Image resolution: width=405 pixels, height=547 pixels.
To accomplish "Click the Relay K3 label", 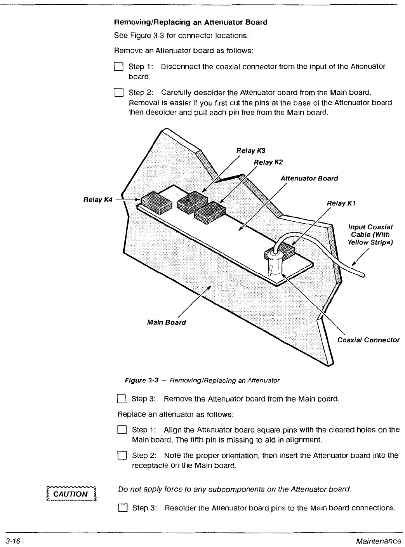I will [x=251, y=150].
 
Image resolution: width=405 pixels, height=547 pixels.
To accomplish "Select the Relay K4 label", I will [x=98, y=200].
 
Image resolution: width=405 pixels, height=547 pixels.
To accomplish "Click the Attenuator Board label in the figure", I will [x=309, y=178].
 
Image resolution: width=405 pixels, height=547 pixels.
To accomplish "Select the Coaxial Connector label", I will [x=368, y=340].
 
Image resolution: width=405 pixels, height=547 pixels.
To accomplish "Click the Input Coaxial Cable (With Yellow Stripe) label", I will [x=370, y=234].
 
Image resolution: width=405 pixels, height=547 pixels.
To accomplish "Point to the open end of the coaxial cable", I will [x=363, y=275].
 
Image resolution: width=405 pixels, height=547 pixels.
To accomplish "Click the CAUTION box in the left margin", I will [x=71, y=494].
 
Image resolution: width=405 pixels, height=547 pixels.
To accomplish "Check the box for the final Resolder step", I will [x=122, y=508].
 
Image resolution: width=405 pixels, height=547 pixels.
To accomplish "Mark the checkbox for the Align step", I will [x=122, y=430].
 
